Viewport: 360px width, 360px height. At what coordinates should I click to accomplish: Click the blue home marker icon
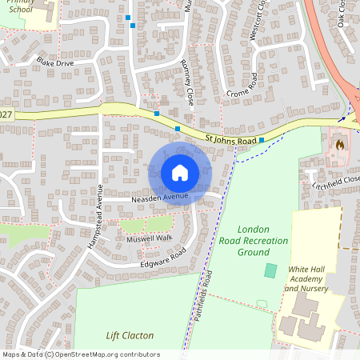pyautogui.click(x=180, y=172)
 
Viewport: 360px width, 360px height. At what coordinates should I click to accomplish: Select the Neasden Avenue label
pyautogui.click(x=160, y=196)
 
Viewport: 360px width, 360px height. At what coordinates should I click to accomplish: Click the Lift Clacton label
pyautogui.click(x=130, y=335)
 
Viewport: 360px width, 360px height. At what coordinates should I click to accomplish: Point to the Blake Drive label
pyautogui.click(x=54, y=62)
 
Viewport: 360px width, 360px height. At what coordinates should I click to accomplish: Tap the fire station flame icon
pyautogui.click(x=339, y=146)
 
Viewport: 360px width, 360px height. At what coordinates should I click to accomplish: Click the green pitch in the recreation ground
pyautogui.click(x=270, y=270)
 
